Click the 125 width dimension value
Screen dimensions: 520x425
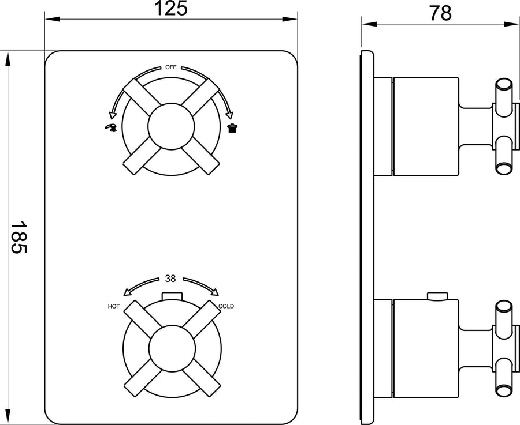pos(171,8)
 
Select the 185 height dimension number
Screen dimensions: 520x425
pos(18,238)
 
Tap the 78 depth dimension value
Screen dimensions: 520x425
pos(441,13)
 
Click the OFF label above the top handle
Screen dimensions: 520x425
pos(171,67)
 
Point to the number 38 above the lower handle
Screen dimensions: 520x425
pos(170,279)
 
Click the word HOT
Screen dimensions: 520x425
pos(114,307)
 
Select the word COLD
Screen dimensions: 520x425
pos(226,307)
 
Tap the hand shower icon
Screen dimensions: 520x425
pos(111,128)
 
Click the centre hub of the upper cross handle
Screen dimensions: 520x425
pos(171,126)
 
